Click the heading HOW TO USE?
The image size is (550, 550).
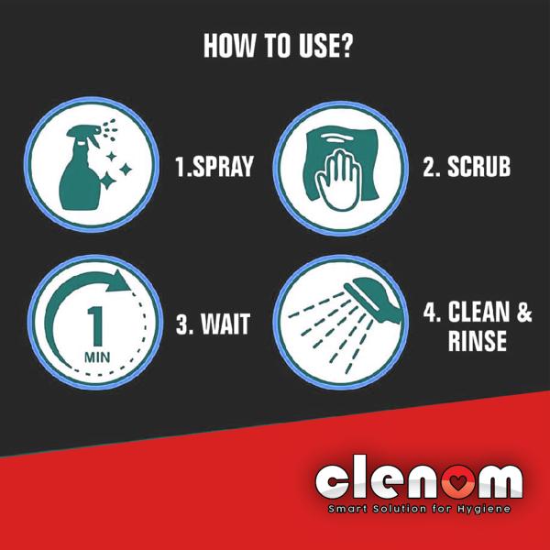coord(276,46)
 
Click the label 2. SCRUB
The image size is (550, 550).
coord(466,167)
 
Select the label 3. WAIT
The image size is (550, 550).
coord(212,324)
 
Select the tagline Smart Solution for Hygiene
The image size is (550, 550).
coord(420,508)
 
